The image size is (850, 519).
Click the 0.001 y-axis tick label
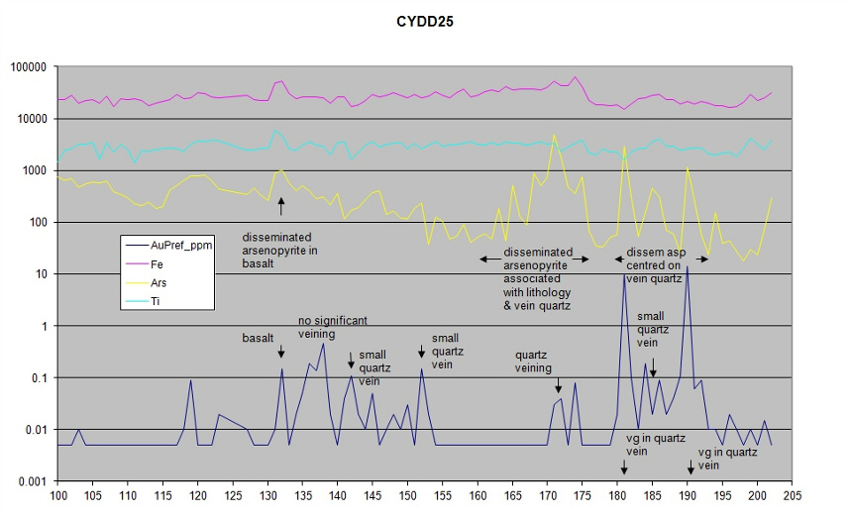coord(33,481)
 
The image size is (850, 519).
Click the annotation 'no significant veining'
coord(333,327)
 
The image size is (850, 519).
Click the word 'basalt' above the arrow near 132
coord(258,338)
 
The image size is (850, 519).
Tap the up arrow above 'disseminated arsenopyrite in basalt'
coord(281,206)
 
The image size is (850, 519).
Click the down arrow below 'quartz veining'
coord(558,385)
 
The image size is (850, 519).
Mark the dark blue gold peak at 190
coord(687,267)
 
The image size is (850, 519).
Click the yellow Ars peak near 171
coord(554,136)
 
